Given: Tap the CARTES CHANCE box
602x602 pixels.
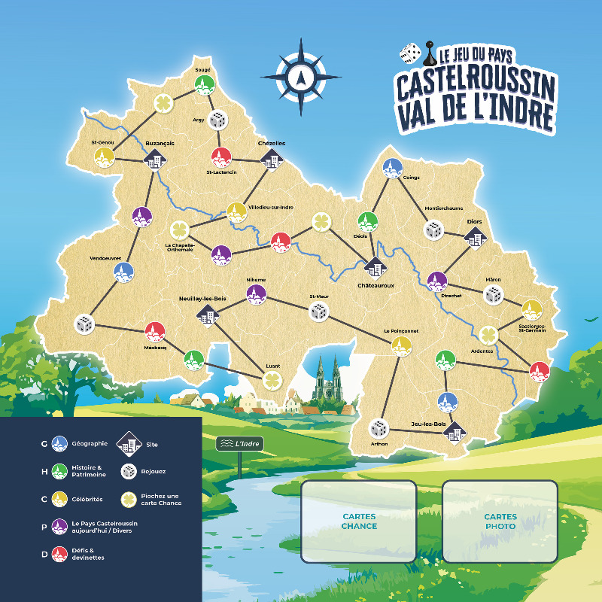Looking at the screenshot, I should click(x=359, y=521).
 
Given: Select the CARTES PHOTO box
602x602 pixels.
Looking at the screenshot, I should click(x=500, y=521).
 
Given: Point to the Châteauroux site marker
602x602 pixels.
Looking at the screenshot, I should click(x=374, y=267).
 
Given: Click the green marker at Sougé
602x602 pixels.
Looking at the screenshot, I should click(x=202, y=85).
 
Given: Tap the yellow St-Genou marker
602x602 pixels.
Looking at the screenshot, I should click(x=105, y=157).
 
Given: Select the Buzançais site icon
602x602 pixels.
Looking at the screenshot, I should click(x=155, y=159).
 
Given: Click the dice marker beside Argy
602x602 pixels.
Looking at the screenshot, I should click(x=217, y=120).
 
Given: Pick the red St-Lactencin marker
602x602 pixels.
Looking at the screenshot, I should click(x=220, y=156).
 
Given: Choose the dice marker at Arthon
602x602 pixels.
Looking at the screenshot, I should click(x=379, y=429).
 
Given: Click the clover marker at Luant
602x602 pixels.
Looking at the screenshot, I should click(x=270, y=381).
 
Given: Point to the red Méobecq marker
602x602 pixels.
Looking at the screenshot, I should click(x=155, y=331).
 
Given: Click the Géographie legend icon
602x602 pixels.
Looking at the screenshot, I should click(x=59, y=444).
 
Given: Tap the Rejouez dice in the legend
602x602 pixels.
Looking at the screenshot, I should click(x=129, y=472).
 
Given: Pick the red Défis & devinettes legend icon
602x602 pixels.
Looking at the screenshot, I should click(x=59, y=555).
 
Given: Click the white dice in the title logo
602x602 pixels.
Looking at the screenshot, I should click(x=409, y=53).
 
